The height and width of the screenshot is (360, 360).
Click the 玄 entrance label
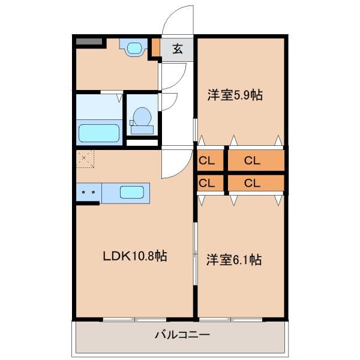[x=178, y=50]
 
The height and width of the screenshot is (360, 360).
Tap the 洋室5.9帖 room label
[x=235, y=95]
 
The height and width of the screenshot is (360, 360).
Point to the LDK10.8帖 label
[x=133, y=256]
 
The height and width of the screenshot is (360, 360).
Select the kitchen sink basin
[x=131, y=193]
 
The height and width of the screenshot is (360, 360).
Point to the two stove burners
[x=89, y=193]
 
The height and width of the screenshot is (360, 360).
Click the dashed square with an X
[x=85, y=160]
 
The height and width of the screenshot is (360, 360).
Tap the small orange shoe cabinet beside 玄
[x=156, y=49]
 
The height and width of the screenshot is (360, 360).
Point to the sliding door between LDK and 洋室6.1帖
[x=195, y=258]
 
